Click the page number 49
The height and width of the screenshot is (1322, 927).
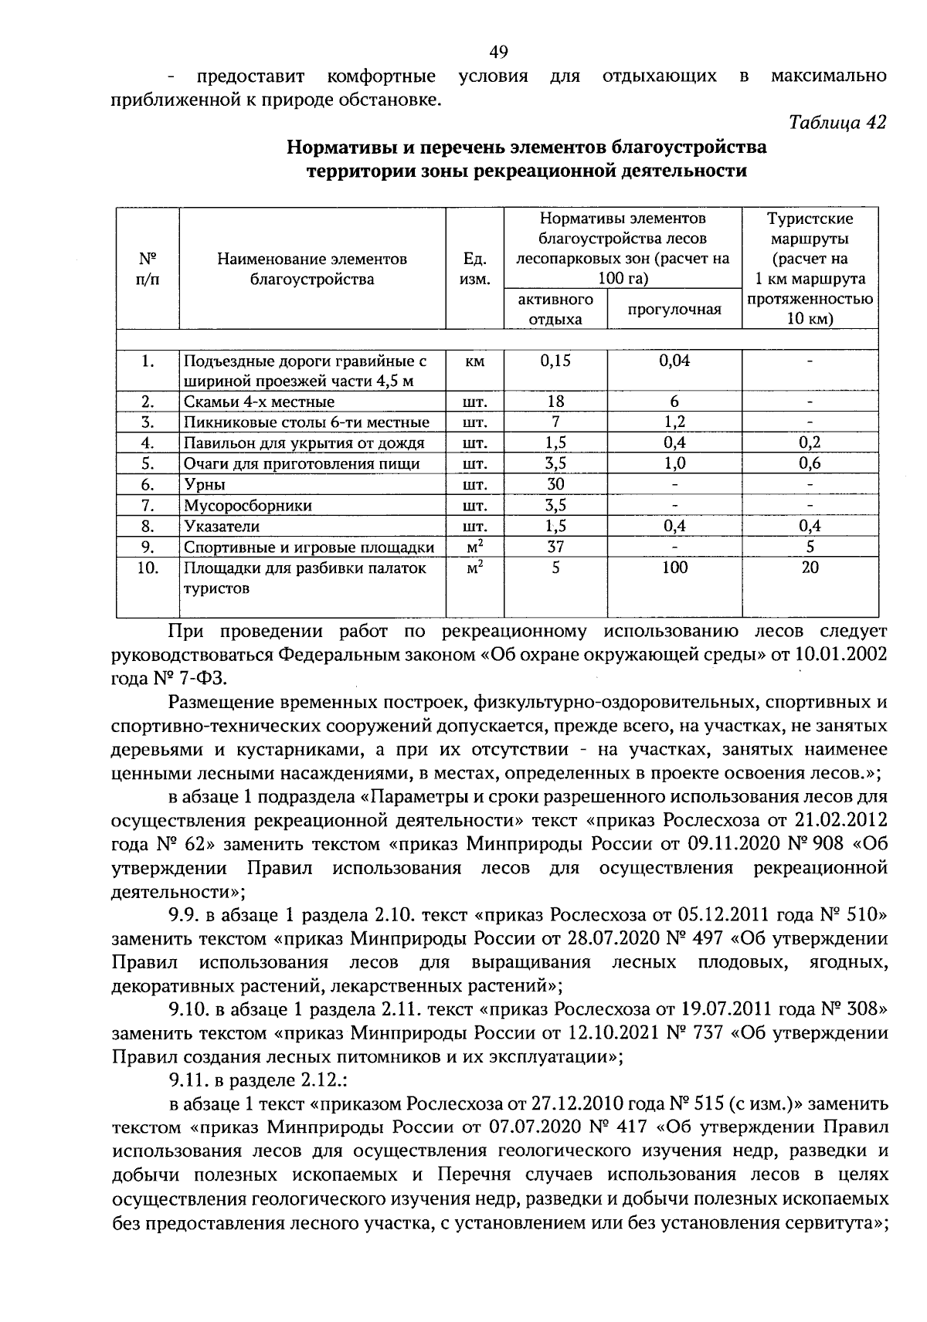point(498,52)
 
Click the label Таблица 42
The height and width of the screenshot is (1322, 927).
point(837,122)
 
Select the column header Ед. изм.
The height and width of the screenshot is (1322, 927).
point(474,269)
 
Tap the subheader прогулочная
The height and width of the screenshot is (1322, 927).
point(674,310)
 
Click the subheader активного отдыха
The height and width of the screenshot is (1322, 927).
point(555,309)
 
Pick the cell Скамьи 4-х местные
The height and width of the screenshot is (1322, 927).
point(260,402)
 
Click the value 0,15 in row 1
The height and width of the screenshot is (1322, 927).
point(555,361)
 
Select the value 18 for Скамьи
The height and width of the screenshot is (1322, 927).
point(555,402)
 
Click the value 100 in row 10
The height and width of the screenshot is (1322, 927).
point(674,568)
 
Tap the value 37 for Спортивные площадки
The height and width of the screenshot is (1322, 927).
point(555,547)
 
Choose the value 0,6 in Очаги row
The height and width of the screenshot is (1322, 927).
point(810,463)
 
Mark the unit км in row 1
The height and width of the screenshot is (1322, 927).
point(474,361)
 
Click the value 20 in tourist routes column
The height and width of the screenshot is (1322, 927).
point(810,568)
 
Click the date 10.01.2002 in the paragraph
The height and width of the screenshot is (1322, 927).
point(840,655)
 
